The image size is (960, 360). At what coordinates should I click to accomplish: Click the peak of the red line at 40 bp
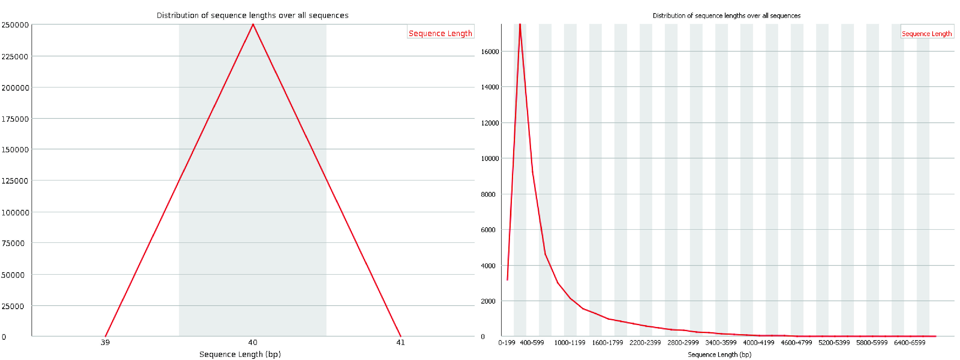253,25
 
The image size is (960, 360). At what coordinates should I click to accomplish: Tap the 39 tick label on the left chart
105,342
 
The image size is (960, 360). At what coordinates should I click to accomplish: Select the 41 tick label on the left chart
401,342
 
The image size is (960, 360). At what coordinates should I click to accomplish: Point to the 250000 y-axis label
15,25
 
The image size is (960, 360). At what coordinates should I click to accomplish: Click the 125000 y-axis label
15,181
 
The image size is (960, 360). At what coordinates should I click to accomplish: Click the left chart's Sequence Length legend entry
440,33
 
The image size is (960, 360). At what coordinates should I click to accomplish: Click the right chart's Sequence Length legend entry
927,33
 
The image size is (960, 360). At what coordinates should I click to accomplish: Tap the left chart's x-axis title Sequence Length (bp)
240,354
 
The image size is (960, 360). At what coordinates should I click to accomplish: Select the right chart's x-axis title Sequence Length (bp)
719,355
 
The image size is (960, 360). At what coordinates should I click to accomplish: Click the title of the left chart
252,15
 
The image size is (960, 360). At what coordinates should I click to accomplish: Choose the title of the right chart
726,16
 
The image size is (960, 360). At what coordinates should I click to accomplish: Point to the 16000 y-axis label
490,51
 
